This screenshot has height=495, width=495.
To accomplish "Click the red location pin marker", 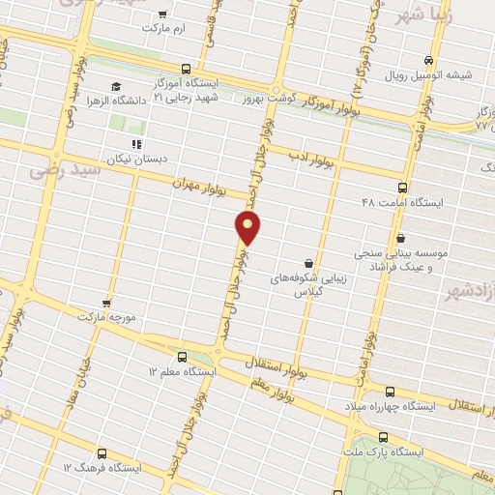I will (248, 228).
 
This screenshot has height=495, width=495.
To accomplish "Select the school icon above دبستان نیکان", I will (136, 144).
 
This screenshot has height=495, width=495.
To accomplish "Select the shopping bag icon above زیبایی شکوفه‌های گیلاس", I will (307, 263).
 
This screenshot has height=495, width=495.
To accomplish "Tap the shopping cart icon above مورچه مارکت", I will (106, 303).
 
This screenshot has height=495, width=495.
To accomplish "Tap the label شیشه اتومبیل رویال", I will (425, 73).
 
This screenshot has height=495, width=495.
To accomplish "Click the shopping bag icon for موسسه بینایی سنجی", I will (400, 238).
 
